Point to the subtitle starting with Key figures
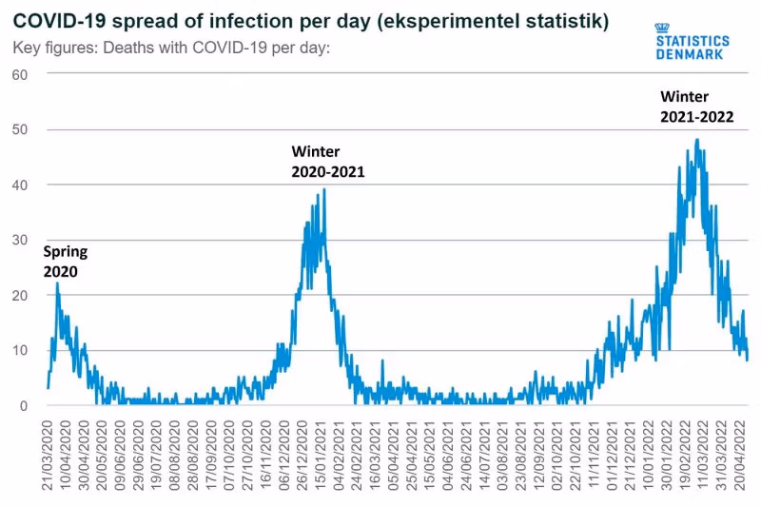(171, 48)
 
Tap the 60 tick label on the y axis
(17, 74)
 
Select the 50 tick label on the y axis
(17, 129)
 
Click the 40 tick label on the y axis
(17, 185)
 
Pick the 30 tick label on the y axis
(17, 240)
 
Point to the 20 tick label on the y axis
(17, 295)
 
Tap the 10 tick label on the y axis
(17, 350)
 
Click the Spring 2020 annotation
(65, 262)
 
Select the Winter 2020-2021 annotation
(328, 162)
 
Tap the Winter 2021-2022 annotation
(697, 107)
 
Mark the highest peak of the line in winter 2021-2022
(697, 141)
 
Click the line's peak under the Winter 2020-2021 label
(324, 189)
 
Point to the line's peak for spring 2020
(57, 283)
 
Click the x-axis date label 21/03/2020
(47, 447)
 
